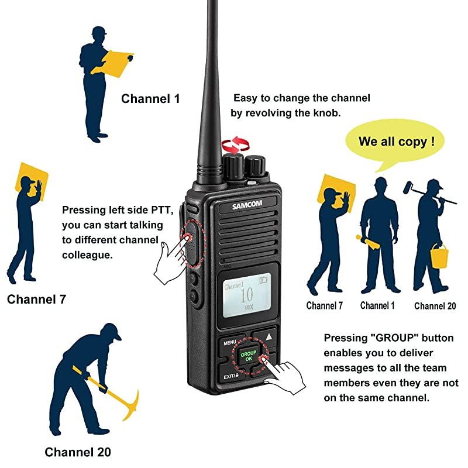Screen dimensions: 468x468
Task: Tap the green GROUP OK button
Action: click(249, 356)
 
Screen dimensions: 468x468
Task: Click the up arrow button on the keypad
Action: click(269, 337)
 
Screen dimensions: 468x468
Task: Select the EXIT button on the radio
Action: click(229, 376)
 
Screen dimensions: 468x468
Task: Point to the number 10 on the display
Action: click(247, 294)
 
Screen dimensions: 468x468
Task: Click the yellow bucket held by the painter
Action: click(439, 255)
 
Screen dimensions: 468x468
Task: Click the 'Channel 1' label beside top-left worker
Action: click(150, 99)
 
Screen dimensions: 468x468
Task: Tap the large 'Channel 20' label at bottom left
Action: click(78, 452)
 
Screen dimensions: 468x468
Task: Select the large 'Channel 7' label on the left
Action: click(36, 300)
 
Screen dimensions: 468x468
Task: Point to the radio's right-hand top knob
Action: click(256, 165)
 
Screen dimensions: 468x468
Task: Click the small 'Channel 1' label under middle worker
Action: click(377, 305)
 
